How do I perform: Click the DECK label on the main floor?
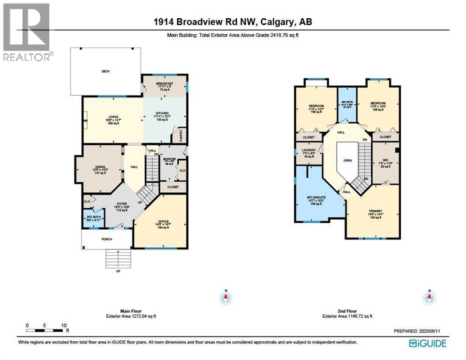tap(105, 72)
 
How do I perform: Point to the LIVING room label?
tap(113, 117)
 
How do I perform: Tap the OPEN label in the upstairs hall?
tap(347, 160)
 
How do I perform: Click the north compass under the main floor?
tap(225, 297)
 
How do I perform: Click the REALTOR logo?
tap(27, 31)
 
